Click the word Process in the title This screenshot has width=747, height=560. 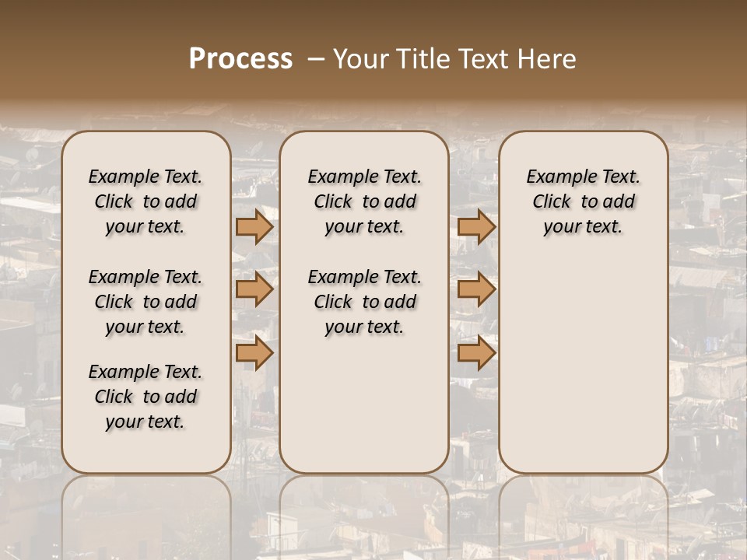240,59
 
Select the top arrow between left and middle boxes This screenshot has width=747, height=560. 254,227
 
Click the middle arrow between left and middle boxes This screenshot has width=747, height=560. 254,290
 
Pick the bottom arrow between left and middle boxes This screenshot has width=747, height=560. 254,353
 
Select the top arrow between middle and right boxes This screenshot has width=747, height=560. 476,227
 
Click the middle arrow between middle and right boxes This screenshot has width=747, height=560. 476,290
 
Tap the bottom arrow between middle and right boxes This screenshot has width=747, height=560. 476,353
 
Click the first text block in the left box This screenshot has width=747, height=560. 146,201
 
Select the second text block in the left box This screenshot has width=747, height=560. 146,302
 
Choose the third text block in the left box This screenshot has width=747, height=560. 146,397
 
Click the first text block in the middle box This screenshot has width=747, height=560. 364,201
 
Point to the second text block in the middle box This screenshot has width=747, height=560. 364,302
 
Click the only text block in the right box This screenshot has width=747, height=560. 583,201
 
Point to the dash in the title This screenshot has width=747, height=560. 316,59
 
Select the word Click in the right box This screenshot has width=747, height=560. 552,202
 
